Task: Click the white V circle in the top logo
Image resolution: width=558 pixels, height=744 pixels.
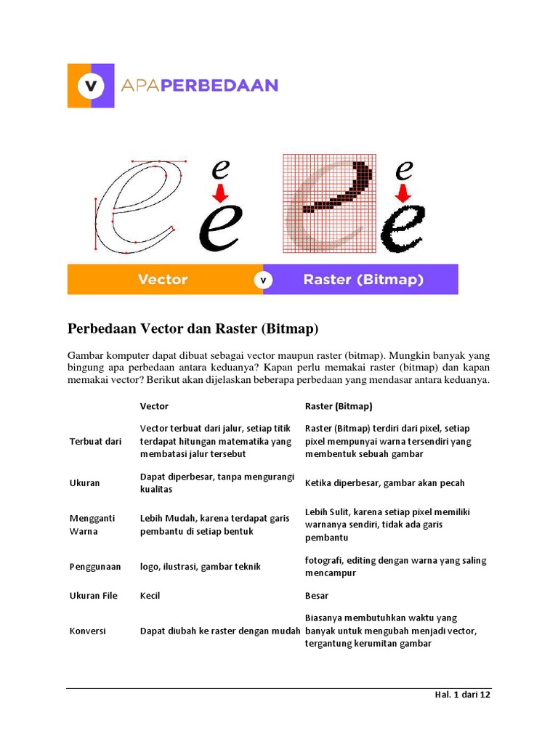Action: pos(91,86)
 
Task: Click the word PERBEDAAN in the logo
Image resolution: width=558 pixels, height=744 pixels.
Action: pos(220,86)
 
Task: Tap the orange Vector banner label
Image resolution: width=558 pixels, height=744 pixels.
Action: pos(163,280)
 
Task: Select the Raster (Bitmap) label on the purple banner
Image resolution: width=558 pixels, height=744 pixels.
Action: pos(363,280)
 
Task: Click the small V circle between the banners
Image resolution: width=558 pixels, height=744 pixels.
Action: pos(263,280)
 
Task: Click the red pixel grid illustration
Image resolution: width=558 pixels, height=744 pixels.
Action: pos(330,203)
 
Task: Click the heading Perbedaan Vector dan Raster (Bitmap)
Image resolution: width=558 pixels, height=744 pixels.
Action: pos(193,329)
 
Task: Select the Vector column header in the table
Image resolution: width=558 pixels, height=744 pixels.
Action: pos(154,406)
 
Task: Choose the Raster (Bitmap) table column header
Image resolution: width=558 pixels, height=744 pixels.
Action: pos(339,406)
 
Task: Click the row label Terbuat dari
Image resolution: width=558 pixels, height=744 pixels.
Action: pos(95,441)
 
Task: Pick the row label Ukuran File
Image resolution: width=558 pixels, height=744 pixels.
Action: pos(93,596)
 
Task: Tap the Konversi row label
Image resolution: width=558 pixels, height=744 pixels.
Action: pos(87,631)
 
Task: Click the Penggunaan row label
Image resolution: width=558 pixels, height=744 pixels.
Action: pos(95,567)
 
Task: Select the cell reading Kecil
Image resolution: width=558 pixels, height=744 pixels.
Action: pos(150,596)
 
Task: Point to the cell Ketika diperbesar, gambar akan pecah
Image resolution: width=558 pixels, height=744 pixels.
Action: pos(384,483)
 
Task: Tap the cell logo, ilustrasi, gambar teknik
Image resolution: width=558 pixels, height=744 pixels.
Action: pos(200,567)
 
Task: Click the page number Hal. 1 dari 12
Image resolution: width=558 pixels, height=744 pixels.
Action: pos(462,695)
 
